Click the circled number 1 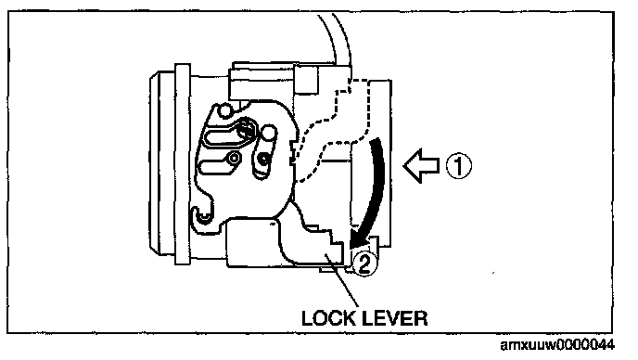tap(459, 166)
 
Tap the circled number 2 tap(364, 264)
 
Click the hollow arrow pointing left tap(422, 166)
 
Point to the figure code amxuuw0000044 tap(557, 345)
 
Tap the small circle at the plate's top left tap(224, 110)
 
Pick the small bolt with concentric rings tap(234, 158)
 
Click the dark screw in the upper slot tap(245, 129)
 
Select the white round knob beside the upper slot tap(269, 132)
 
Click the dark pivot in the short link tap(264, 159)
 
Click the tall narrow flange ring tap(183, 164)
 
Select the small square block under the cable tap(305, 80)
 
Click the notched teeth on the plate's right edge tap(292, 152)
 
